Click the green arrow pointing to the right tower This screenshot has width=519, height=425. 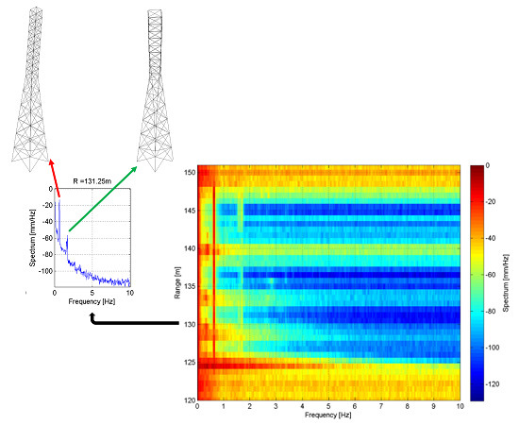tap(103, 199)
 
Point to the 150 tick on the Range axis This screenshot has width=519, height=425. tap(189, 173)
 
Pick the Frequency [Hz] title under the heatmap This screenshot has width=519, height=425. tap(328, 416)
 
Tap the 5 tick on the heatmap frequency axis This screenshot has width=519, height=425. tap(329, 406)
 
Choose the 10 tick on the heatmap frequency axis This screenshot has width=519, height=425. tap(460, 406)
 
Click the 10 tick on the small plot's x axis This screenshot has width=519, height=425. tap(130, 294)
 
